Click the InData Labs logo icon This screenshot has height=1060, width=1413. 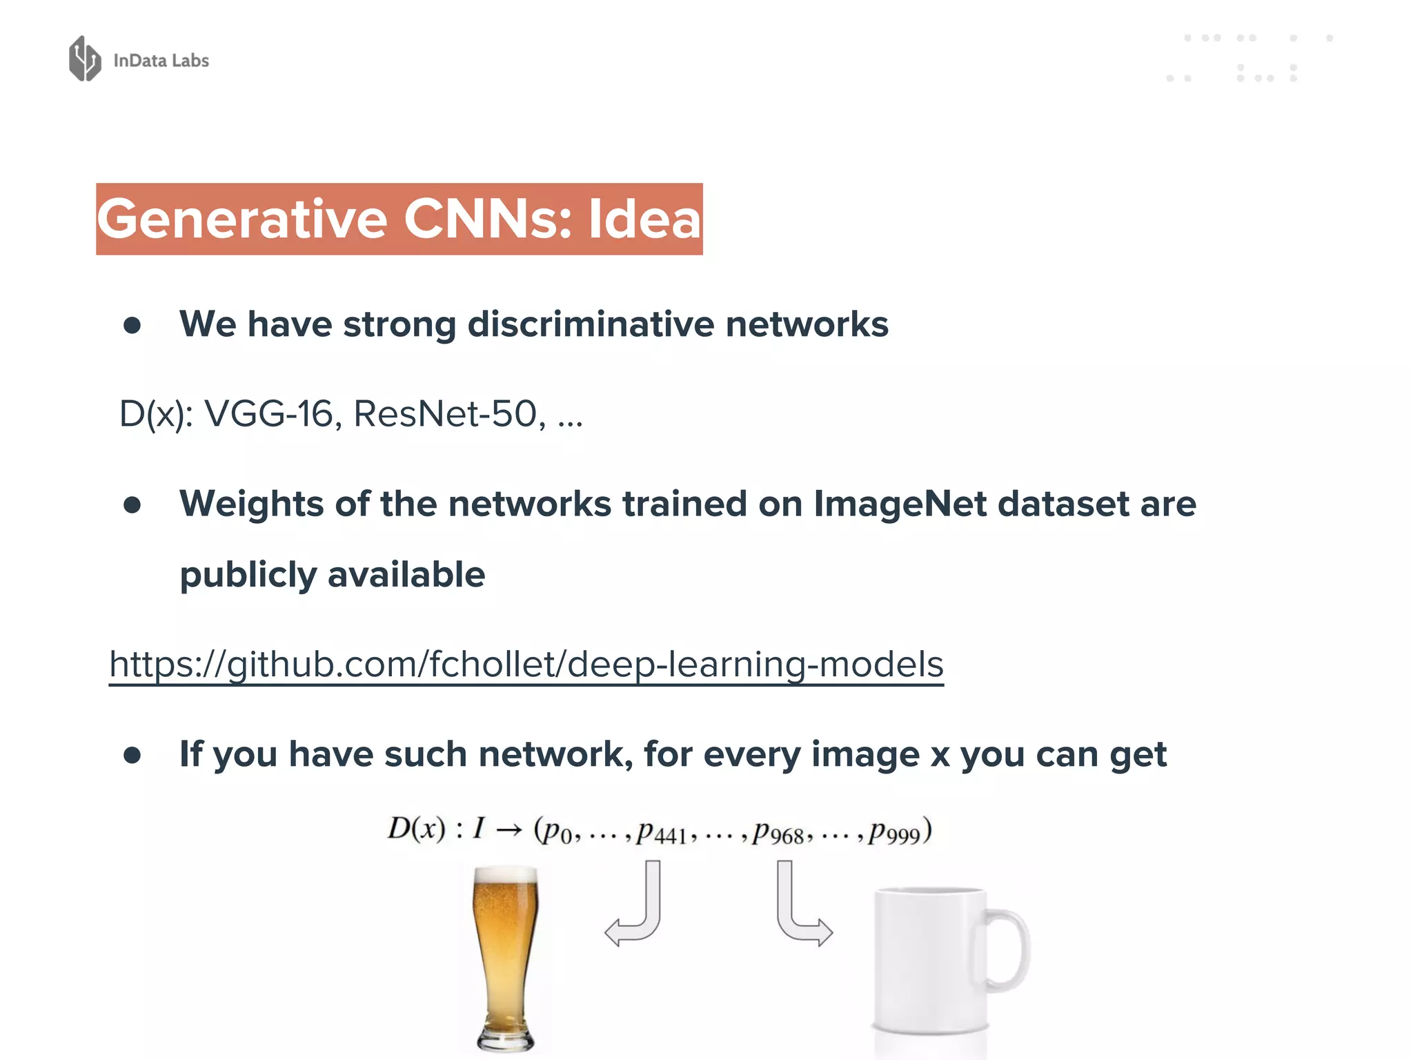85,59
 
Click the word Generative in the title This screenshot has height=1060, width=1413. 241,219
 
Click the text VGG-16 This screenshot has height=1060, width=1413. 269,414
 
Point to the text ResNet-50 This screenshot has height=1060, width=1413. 446,414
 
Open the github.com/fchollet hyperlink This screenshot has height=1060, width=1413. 526,665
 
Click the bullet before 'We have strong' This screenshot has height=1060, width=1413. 132,326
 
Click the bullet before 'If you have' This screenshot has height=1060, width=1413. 132,755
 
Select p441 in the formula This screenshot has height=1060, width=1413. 661,832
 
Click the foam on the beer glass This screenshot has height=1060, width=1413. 505,878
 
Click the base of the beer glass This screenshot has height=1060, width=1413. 505,1039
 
